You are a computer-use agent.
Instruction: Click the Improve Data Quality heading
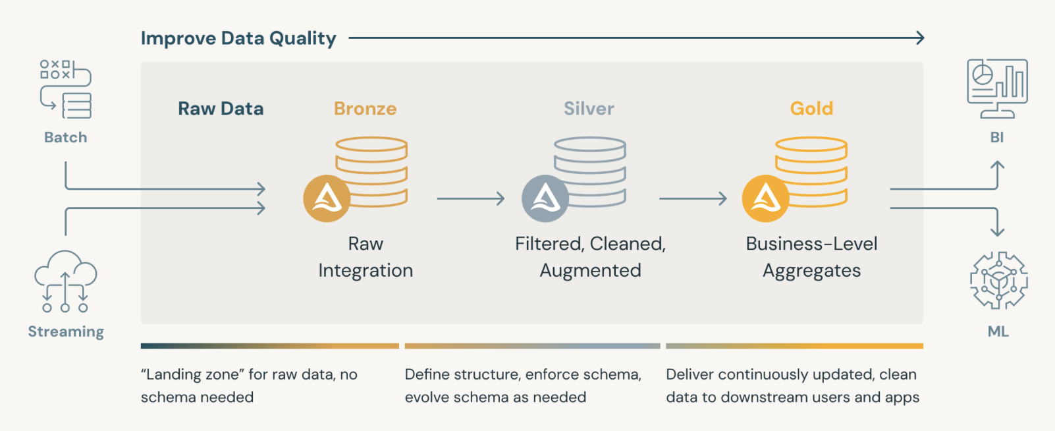click(x=238, y=38)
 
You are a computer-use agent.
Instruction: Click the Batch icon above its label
click(x=65, y=89)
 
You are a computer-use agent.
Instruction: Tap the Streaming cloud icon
click(x=65, y=281)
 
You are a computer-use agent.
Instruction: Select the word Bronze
click(x=365, y=109)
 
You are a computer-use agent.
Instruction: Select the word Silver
click(x=589, y=109)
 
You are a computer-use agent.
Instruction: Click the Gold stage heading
click(x=811, y=109)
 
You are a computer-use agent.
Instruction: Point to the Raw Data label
click(x=221, y=109)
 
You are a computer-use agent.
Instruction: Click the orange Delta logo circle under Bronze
click(x=327, y=198)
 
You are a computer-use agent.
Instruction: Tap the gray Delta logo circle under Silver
click(x=545, y=198)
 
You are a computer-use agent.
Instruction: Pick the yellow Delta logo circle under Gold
click(x=765, y=198)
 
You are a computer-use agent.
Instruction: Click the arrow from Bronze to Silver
click(x=470, y=198)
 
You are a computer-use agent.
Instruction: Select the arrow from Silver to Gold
click(x=693, y=198)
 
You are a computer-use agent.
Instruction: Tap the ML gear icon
click(x=998, y=280)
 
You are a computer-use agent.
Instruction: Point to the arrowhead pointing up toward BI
click(x=998, y=165)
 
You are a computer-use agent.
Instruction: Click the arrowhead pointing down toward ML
click(x=998, y=231)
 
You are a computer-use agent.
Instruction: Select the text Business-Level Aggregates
click(x=811, y=257)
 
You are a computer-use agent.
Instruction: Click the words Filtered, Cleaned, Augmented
click(x=590, y=257)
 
